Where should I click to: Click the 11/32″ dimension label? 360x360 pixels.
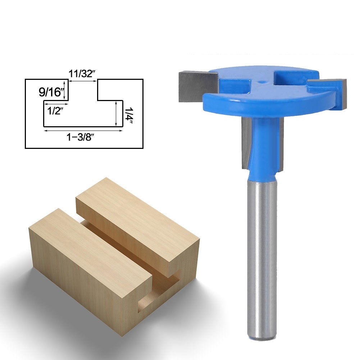tap(82, 74)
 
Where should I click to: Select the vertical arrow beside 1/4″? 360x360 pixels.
tap(116, 113)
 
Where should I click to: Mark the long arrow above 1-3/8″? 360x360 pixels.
tap(83, 131)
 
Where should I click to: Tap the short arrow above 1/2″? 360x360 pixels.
tap(56, 104)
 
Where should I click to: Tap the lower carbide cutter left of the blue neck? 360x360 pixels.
tap(246, 144)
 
